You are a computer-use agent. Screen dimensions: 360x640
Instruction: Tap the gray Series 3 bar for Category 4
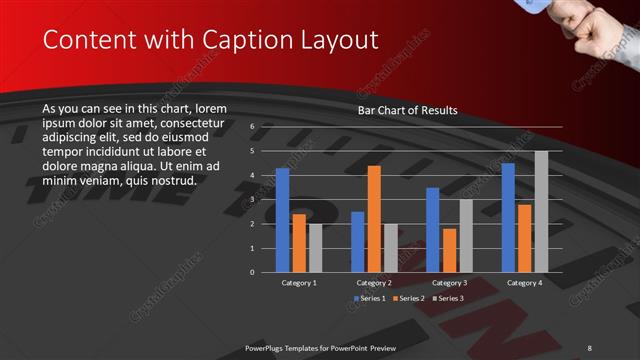coord(541,211)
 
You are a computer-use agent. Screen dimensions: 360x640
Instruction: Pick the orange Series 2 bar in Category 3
coord(449,250)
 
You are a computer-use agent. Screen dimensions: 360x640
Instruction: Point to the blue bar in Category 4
coord(508,217)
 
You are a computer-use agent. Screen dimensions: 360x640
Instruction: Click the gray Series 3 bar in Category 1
coord(315,248)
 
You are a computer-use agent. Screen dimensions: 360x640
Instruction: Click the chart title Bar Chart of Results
coord(407,110)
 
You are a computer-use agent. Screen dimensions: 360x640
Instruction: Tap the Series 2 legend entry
coord(409,298)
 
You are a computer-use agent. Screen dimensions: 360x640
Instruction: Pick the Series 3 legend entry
coord(449,298)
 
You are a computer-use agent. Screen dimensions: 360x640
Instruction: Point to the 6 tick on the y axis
coord(252,127)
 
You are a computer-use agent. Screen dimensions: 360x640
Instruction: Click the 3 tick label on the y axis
coord(252,199)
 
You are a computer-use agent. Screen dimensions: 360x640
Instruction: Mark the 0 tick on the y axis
coord(252,272)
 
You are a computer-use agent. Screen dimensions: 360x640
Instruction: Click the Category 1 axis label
coord(300,283)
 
